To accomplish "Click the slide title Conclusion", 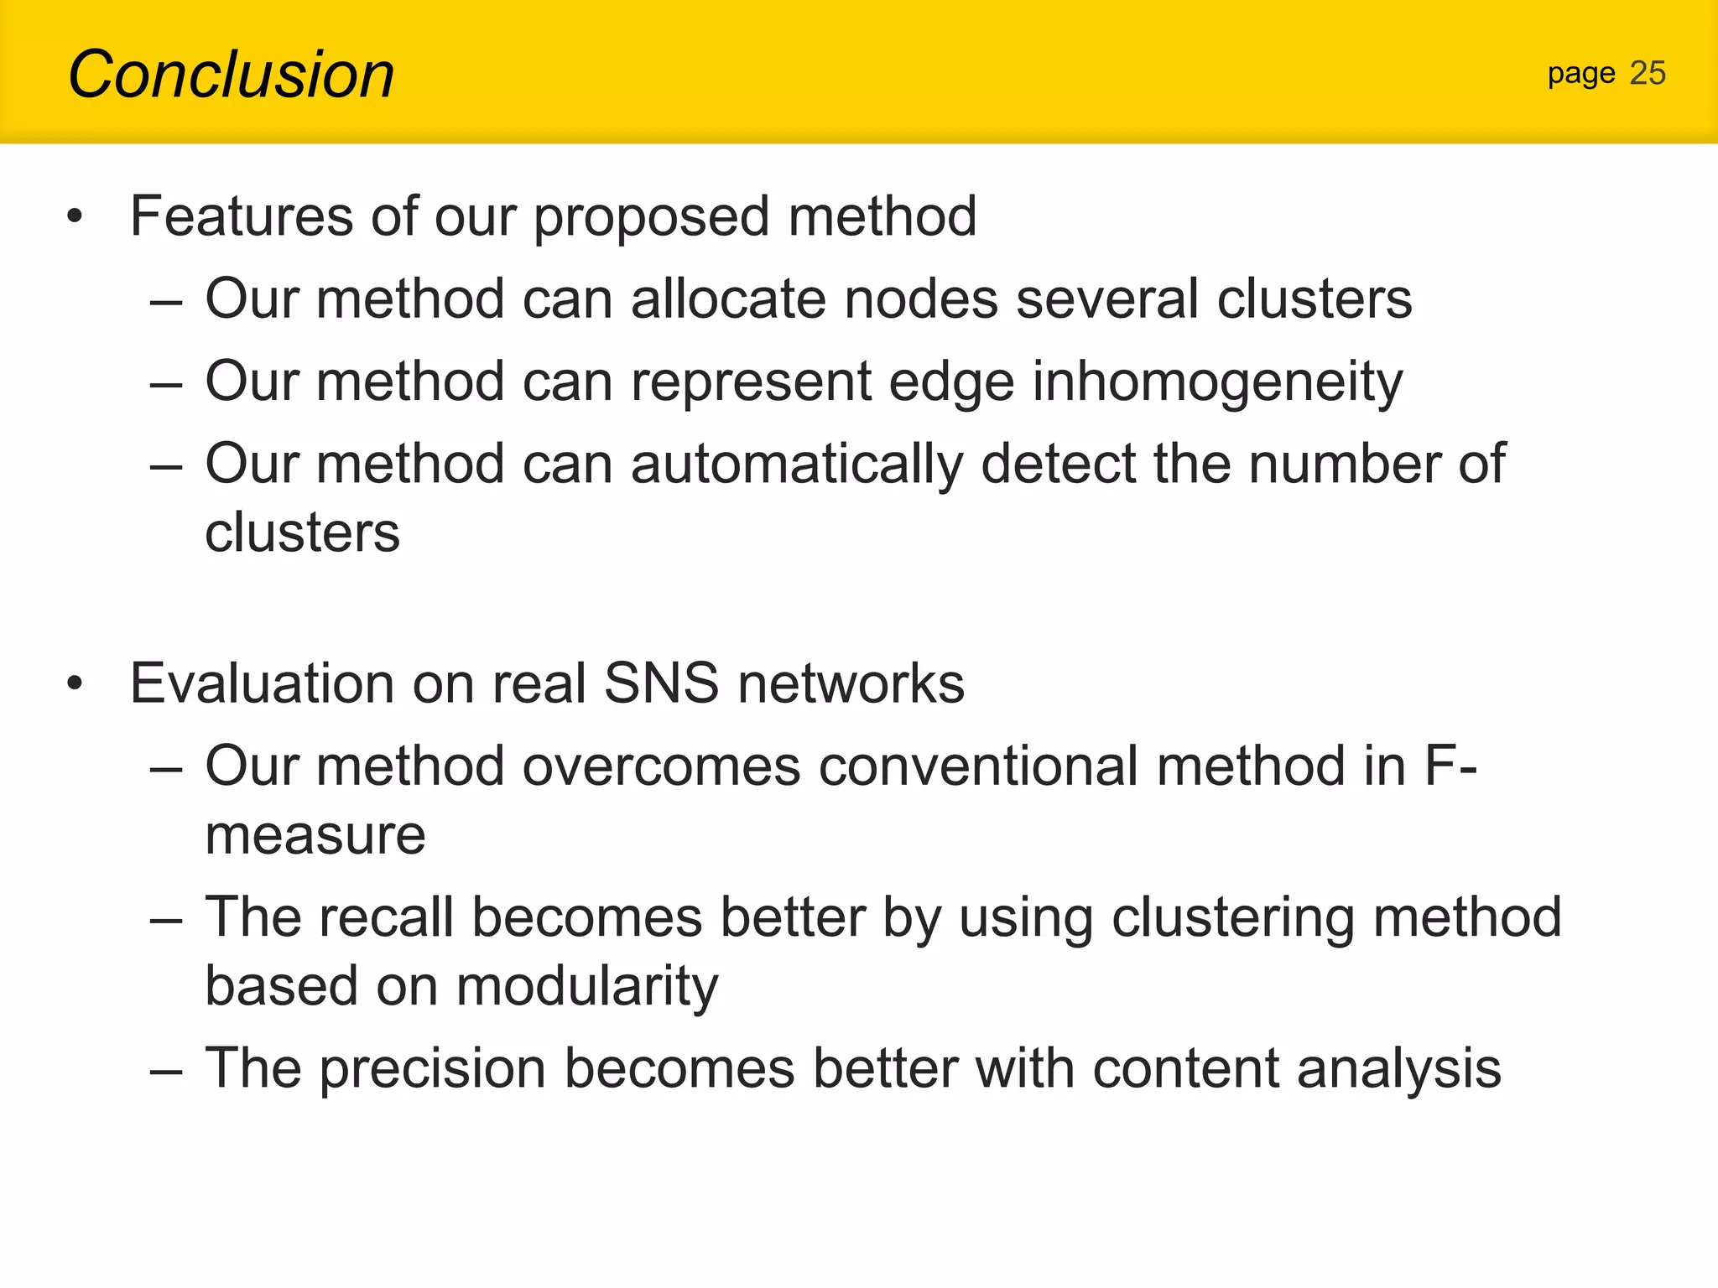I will click(x=231, y=75).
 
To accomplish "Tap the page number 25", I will click(x=1647, y=74).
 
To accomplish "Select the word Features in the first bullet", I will click(x=242, y=216).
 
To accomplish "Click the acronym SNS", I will click(x=661, y=683).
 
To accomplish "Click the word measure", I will click(x=315, y=836).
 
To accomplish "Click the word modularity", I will click(x=587, y=987).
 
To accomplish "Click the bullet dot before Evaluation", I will click(x=75, y=683).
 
